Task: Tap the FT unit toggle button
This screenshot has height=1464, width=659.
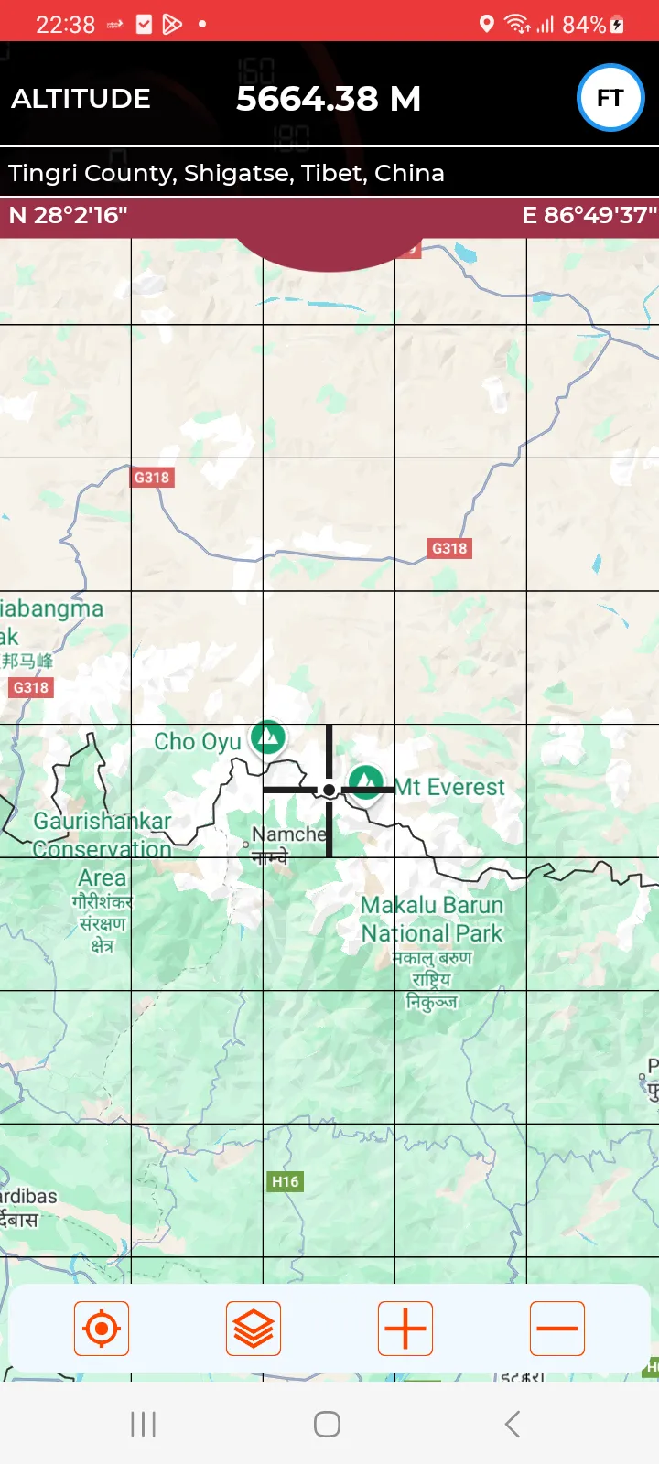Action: (610, 98)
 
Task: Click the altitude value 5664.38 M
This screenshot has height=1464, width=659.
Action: (329, 99)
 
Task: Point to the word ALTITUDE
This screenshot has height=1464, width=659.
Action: (81, 99)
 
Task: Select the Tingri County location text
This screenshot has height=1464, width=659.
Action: (226, 173)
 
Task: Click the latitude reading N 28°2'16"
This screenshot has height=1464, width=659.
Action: (68, 216)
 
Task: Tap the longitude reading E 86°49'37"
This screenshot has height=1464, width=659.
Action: (589, 216)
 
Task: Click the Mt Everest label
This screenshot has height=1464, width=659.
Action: (450, 787)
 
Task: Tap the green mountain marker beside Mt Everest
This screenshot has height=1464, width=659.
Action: (366, 781)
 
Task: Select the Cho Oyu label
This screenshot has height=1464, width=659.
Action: (197, 741)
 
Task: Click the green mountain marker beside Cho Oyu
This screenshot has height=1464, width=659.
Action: (268, 736)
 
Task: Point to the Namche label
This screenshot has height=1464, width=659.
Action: (288, 834)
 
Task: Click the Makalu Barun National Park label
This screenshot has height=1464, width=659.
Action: (432, 920)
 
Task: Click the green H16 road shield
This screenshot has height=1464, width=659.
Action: (285, 1181)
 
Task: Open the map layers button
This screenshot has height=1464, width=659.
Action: (254, 1329)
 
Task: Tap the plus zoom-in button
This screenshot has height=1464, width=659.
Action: (405, 1329)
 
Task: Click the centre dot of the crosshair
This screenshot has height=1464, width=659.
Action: (329, 790)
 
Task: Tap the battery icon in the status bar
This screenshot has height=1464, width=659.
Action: (618, 25)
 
